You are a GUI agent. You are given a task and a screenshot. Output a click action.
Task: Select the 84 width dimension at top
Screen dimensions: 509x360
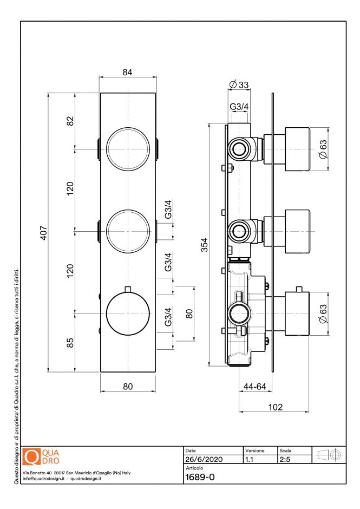click(x=127, y=73)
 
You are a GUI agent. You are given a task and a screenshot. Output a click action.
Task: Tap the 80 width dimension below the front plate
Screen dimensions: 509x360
click(x=127, y=387)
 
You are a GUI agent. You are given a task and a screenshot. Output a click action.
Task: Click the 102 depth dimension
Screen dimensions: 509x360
click(x=275, y=407)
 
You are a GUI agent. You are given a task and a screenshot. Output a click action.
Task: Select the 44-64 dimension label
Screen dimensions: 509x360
click(x=254, y=387)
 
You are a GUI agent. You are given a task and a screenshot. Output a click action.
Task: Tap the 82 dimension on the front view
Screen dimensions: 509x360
click(x=70, y=121)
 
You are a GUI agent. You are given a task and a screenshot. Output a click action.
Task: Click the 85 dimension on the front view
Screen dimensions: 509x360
click(x=70, y=343)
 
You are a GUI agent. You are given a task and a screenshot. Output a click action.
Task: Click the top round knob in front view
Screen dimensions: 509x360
click(x=128, y=149)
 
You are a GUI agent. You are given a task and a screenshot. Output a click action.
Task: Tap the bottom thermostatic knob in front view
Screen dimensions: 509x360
click(x=128, y=314)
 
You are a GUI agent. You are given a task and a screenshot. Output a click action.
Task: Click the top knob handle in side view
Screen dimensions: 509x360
click(x=297, y=149)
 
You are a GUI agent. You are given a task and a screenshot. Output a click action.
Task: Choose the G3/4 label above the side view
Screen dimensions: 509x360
click(x=239, y=107)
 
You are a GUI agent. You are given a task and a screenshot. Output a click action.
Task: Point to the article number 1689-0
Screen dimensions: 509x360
click(x=200, y=477)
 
